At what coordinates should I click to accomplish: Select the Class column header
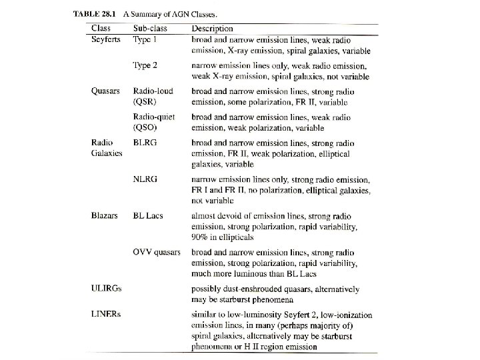tap(101, 29)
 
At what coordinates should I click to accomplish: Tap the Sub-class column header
tap(151, 29)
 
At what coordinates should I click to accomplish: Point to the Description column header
tap(213, 29)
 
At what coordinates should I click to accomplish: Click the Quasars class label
tap(105, 91)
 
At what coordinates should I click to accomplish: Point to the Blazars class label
tap(105, 216)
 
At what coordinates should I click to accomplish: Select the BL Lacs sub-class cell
tap(148, 216)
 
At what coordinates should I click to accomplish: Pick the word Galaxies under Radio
tap(107, 153)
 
